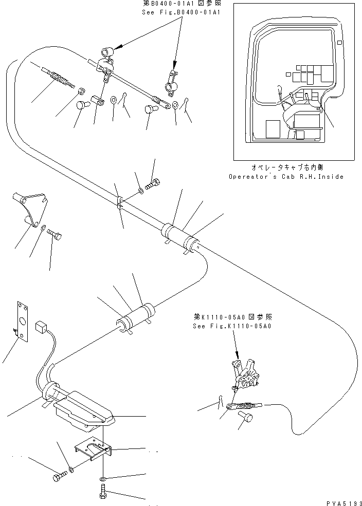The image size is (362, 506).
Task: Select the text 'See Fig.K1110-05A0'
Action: [x=225, y=326]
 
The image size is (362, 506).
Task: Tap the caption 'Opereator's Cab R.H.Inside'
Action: [x=286, y=176]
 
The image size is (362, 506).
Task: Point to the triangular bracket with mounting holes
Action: [x=33, y=209]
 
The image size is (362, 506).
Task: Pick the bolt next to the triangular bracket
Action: [x=56, y=235]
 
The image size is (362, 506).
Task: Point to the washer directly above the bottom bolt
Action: [x=102, y=478]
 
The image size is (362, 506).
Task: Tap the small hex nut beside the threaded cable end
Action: [x=81, y=91]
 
